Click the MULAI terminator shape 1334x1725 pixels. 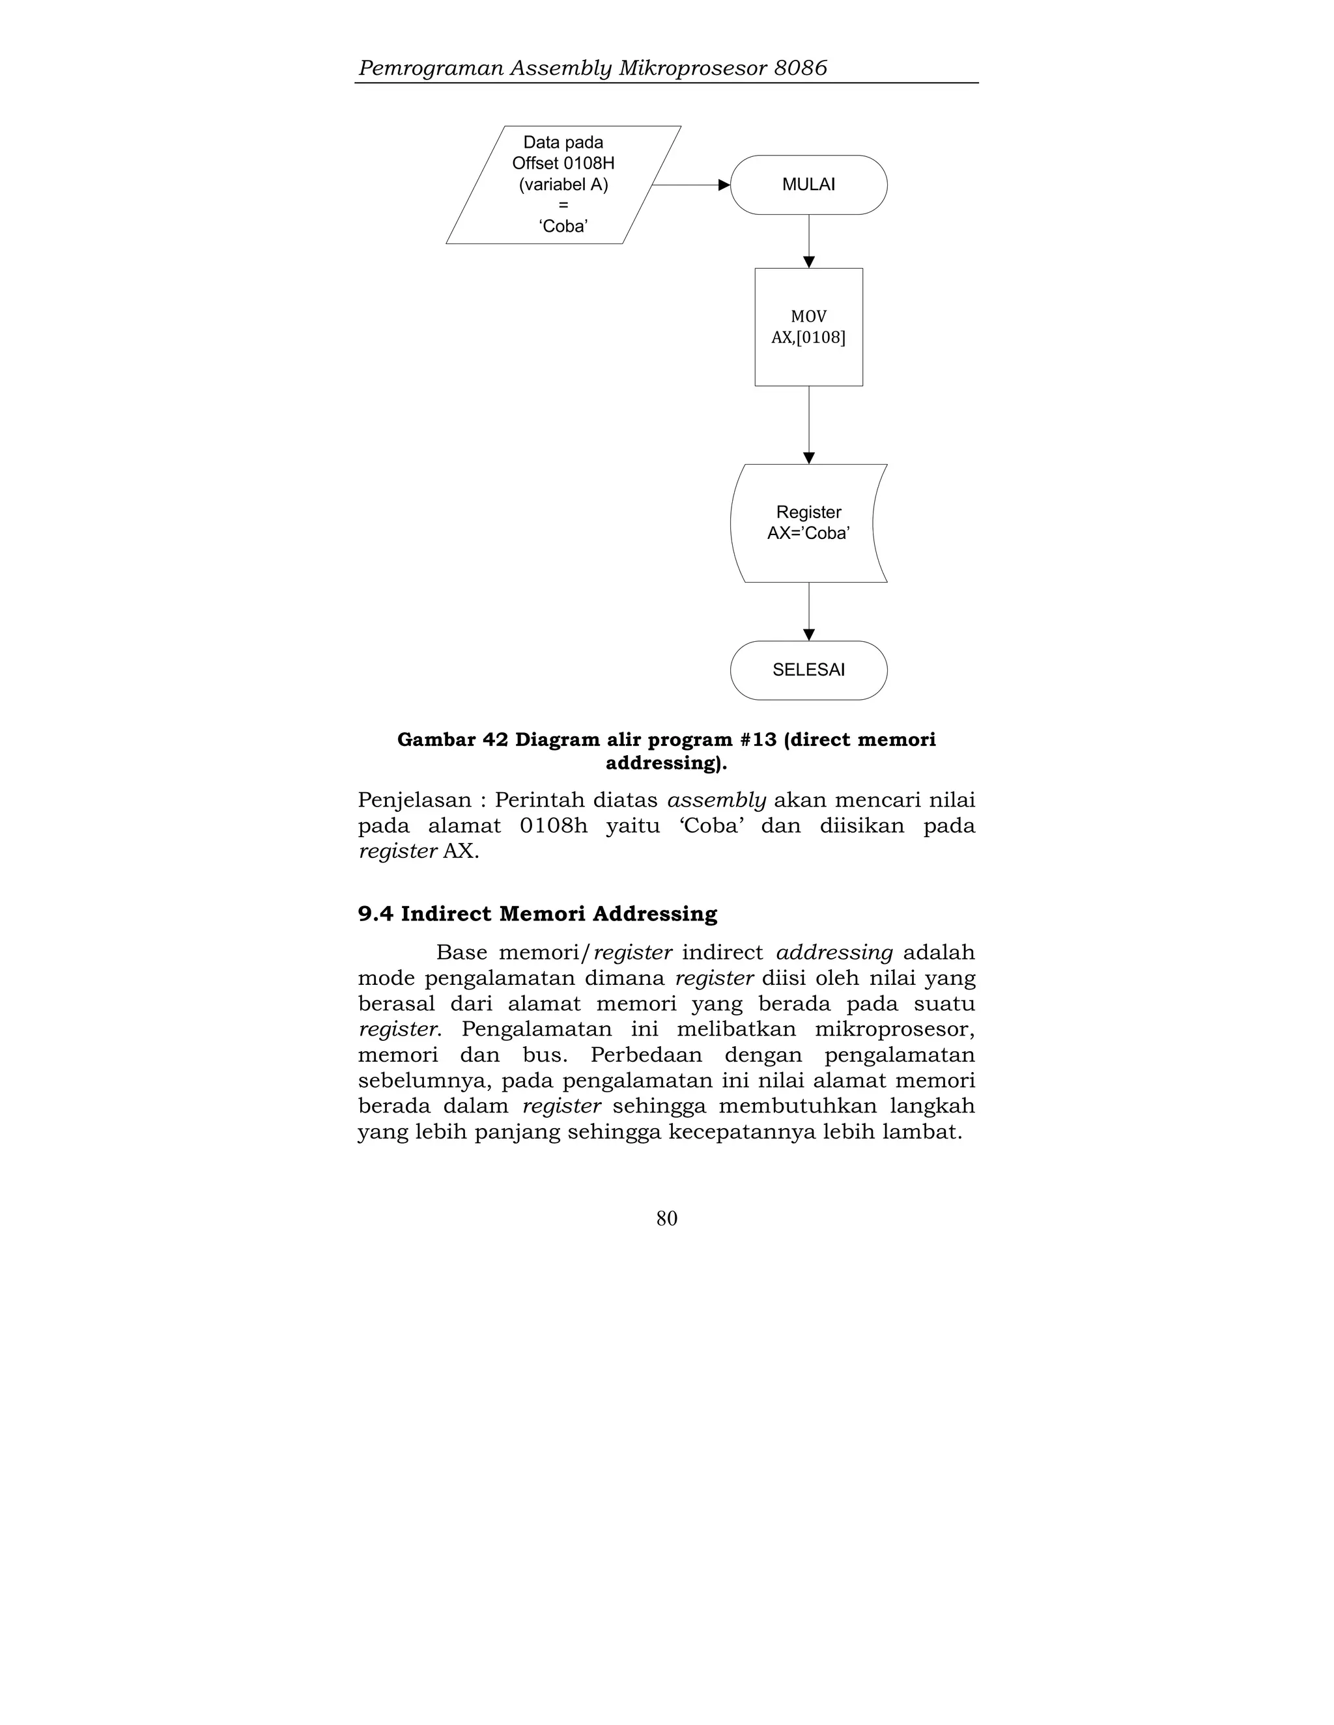click(808, 185)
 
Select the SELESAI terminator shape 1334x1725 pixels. click(808, 670)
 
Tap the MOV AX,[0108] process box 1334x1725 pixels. click(808, 327)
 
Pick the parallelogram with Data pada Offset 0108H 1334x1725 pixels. click(563, 185)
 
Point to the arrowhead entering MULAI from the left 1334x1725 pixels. click(723, 185)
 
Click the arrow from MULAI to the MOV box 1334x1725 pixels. click(808, 240)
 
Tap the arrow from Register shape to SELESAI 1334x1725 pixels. click(808, 611)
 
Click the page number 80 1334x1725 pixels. click(666, 1218)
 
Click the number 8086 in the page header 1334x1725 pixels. click(800, 68)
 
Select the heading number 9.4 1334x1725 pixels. click(375, 914)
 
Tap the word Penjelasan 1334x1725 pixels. click(414, 800)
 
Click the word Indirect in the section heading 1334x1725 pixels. click(446, 914)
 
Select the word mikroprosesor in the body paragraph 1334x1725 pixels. click(894, 1029)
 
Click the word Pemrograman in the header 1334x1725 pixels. click(431, 68)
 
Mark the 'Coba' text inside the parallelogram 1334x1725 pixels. click(563, 227)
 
